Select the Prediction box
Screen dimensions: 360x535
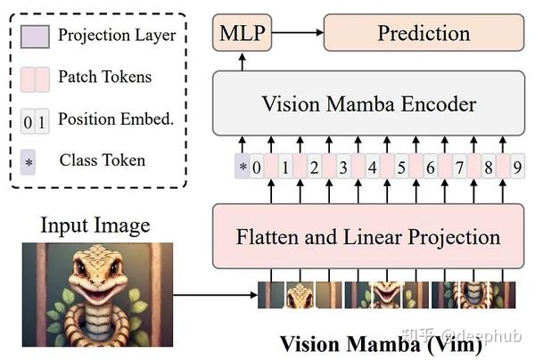click(424, 34)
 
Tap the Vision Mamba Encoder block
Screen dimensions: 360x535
click(368, 102)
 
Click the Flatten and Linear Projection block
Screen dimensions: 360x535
click(368, 236)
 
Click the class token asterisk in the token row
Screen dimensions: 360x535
click(242, 167)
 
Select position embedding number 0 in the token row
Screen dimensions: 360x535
click(257, 167)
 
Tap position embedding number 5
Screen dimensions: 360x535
click(402, 167)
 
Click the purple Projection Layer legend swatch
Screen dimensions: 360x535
click(34, 37)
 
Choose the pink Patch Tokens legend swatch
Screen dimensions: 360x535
click(34, 78)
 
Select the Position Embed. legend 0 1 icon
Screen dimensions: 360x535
click(34, 119)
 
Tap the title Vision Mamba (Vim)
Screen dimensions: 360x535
click(382, 343)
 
